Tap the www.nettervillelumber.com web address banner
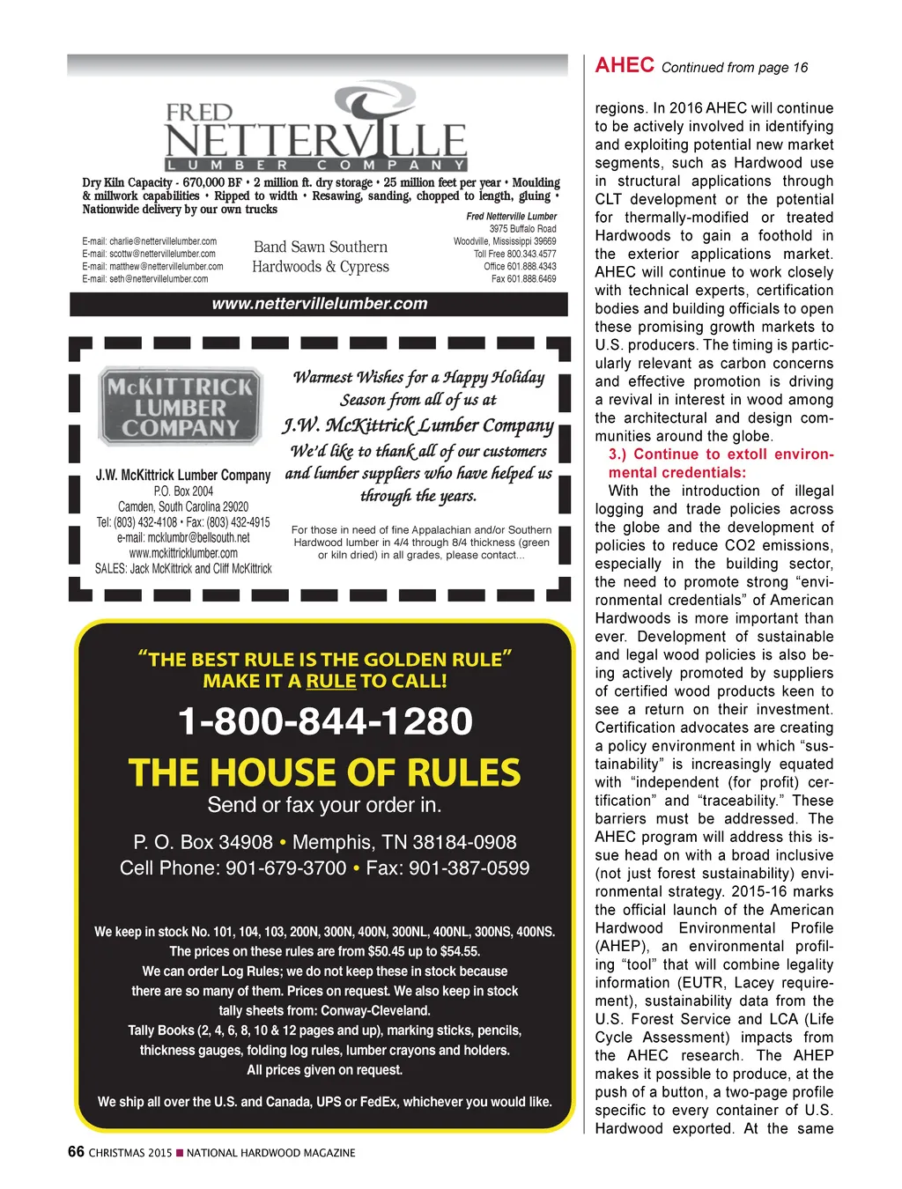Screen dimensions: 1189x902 319,304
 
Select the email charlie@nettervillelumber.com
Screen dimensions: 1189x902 150,241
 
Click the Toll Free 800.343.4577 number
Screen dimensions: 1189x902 514,254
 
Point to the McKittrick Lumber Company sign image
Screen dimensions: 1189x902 181,406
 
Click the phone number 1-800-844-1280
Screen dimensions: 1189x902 325,721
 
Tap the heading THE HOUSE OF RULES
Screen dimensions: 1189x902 324,772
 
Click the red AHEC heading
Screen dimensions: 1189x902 625,65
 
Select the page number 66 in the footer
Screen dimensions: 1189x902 77,1152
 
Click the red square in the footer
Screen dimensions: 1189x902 180,1153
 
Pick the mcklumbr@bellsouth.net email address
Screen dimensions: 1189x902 183,537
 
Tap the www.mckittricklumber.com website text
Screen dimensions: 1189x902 183,553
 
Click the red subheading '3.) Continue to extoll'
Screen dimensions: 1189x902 721,454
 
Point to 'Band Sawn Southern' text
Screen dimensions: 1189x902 321,247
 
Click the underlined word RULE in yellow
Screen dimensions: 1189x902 331,681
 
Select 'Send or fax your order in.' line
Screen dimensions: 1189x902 324,805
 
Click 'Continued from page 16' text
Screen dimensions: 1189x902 734,68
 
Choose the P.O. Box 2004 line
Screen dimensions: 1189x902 183,491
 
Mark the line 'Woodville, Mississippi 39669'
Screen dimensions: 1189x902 505,241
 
